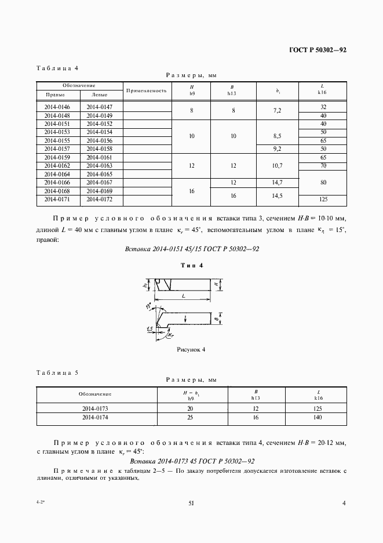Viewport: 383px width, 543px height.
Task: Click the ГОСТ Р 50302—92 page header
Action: coord(318,50)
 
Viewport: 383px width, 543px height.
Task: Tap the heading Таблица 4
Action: coord(57,68)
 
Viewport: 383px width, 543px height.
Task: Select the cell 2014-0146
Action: coord(57,107)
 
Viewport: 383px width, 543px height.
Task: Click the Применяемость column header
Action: coord(146,91)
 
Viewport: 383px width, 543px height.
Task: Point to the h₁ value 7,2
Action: coord(277,110)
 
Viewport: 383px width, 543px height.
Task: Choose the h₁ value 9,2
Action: coord(277,149)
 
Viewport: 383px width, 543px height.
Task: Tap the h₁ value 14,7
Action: coord(277,183)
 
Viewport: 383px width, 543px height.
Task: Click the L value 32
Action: coord(323,107)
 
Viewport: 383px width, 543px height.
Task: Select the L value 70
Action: coord(323,166)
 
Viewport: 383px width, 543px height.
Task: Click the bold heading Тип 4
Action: coord(191,266)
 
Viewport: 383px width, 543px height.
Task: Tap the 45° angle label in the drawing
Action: coord(148,305)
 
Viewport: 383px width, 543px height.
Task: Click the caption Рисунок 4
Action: coord(191,350)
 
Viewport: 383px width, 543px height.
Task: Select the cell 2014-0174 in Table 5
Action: coord(96,417)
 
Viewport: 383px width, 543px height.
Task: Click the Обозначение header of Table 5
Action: coord(95,394)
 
